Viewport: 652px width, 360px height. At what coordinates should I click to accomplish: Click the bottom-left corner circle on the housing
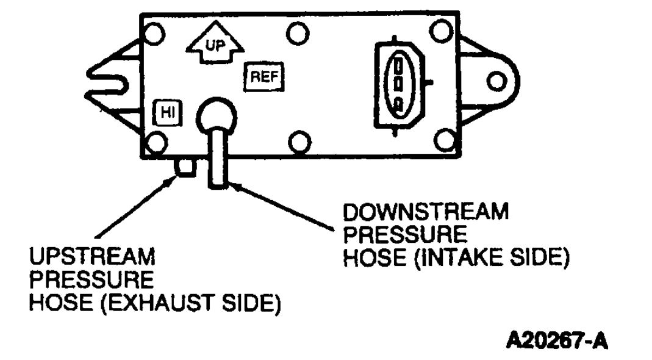[156, 144]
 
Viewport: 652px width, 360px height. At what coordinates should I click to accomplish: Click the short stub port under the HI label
[184, 165]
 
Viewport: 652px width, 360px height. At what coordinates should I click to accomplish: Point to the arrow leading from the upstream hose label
[134, 207]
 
